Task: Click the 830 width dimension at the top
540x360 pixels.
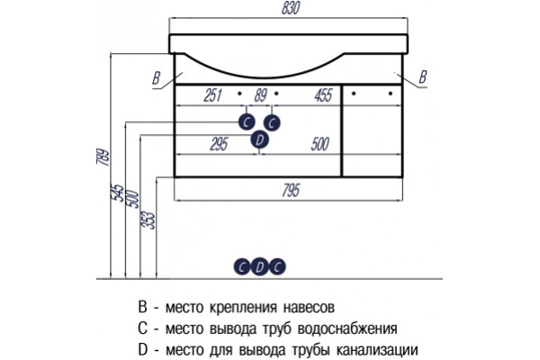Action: tap(291, 8)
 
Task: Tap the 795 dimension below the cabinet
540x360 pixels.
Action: tap(291, 191)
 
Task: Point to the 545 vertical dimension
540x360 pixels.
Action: tap(117, 193)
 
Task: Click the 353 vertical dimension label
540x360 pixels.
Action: tap(148, 220)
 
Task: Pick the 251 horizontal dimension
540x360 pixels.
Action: tap(212, 95)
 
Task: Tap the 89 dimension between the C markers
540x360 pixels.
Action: tap(261, 95)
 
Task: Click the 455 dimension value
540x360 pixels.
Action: tap(323, 95)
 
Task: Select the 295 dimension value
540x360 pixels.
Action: tap(219, 144)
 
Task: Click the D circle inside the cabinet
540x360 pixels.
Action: tap(259, 139)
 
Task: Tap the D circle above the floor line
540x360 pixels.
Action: tap(260, 267)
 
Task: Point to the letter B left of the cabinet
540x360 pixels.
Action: tap(157, 78)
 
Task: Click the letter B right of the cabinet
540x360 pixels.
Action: tap(423, 76)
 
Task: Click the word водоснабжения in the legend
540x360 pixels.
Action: tap(347, 329)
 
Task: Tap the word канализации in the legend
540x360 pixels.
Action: tap(377, 350)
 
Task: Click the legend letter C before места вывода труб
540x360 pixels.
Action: tap(142, 328)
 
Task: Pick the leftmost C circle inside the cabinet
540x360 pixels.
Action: tap(247, 122)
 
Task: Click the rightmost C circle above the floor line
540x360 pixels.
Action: tap(277, 267)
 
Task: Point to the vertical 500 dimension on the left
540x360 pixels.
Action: tap(132, 199)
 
